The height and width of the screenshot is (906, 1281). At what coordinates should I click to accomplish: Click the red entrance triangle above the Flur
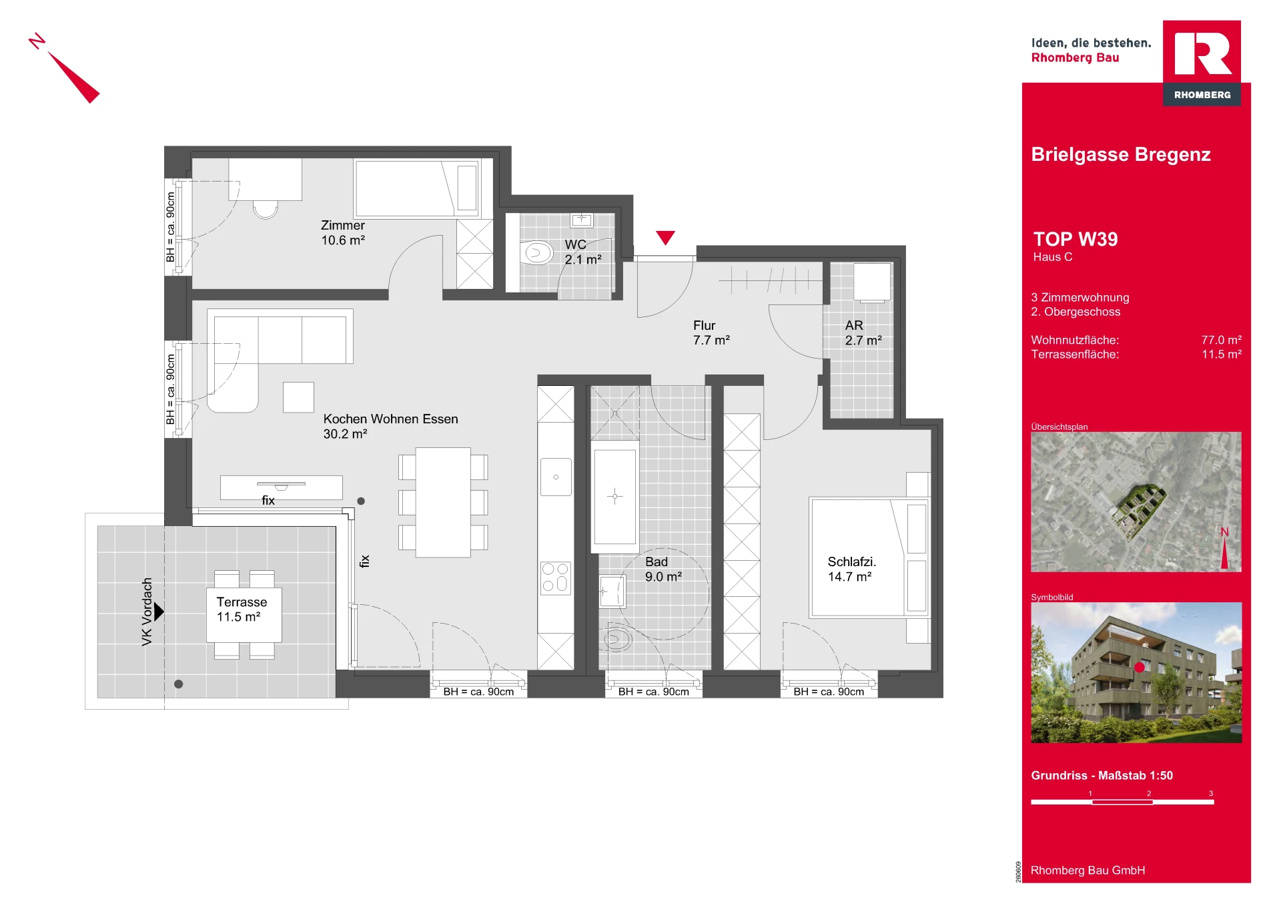[x=665, y=237]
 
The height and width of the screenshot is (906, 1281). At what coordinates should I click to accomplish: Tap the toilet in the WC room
[x=536, y=252]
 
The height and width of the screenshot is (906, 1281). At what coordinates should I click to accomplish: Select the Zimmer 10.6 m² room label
[x=343, y=233]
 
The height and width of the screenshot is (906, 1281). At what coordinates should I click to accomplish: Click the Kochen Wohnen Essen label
[x=390, y=419]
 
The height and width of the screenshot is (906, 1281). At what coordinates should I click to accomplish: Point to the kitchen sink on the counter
[x=556, y=477]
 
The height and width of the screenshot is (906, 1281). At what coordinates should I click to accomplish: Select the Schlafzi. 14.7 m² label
[x=851, y=569]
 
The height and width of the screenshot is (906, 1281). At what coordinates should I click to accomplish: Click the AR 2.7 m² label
[x=863, y=332]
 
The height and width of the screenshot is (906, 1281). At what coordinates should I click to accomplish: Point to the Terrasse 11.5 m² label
[x=242, y=610]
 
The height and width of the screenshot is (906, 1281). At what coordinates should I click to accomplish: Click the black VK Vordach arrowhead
[x=159, y=612]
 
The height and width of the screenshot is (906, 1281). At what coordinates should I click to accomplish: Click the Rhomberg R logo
[x=1202, y=53]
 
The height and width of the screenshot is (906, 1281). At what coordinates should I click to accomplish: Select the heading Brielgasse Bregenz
[x=1121, y=154]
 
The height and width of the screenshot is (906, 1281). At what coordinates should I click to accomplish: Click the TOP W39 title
[x=1075, y=239]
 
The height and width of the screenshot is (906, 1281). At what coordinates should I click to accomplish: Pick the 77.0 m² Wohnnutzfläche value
[x=1221, y=340]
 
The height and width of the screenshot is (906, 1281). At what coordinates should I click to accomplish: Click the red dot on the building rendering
[x=1140, y=667]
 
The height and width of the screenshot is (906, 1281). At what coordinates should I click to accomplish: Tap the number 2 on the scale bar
[x=1149, y=793]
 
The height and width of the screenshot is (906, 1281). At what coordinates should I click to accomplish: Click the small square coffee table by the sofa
[x=298, y=397]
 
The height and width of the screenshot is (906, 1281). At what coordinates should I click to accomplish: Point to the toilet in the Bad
[x=617, y=639]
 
